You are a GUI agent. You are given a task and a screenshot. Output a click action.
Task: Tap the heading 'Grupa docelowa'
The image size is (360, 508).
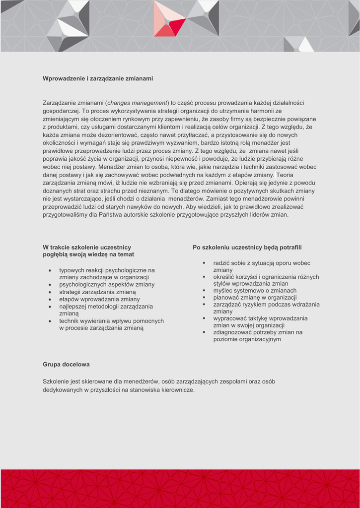(66, 364)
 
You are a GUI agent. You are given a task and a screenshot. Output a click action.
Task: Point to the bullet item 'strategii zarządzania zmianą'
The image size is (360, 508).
(97, 292)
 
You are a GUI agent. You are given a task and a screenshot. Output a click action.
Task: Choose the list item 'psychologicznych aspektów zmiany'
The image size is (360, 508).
(107, 285)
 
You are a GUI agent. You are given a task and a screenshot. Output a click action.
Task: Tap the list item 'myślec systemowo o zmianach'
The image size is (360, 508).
(255, 290)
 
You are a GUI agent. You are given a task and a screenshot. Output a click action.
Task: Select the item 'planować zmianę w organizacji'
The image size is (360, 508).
(255, 297)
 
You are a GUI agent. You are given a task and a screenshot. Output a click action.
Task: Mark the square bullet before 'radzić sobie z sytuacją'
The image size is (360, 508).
(204, 263)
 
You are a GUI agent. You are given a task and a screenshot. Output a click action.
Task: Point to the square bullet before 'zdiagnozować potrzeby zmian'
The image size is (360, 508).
(204, 332)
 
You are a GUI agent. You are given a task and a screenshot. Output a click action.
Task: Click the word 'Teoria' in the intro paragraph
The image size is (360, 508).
(286, 175)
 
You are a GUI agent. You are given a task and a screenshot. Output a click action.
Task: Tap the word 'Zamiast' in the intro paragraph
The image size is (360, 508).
(217, 198)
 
